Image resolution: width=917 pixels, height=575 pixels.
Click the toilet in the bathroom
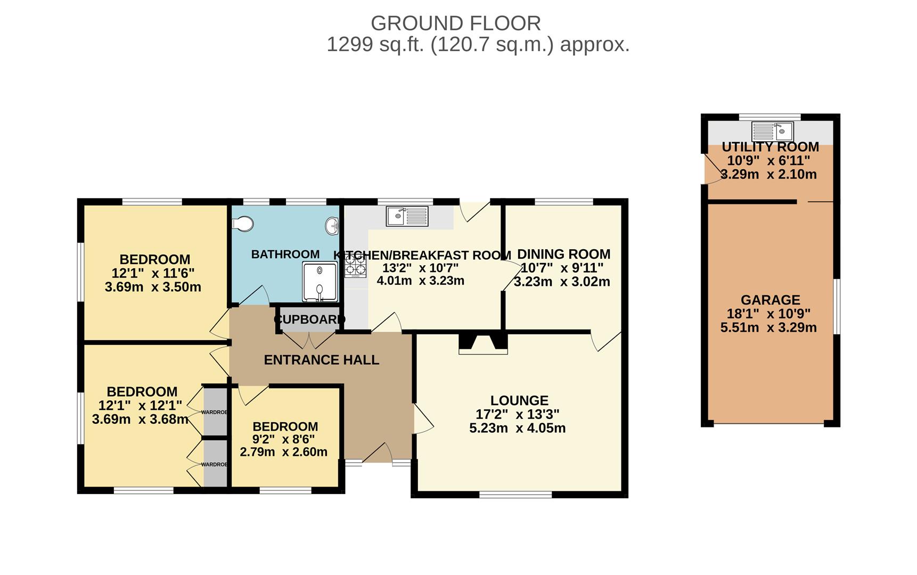(x=243, y=224)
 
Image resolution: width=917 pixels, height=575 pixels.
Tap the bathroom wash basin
(x=332, y=226)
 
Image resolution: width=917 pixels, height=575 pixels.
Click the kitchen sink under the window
(x=407, y=216)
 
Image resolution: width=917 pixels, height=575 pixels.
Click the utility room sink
(x=772, y=130)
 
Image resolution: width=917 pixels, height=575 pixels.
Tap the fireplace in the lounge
(x=483, y=343)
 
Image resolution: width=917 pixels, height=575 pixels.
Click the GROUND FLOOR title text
(x=456, y=23)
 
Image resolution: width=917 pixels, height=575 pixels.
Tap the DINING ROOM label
(x=564, y=254)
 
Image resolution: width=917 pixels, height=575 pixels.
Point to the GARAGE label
(x=771, y=300)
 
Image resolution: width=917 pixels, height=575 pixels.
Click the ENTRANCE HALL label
(x=322, y=360)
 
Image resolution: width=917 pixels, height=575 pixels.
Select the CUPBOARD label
(x=309, y=319)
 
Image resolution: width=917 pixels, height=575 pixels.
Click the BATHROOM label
(x=285, y=254)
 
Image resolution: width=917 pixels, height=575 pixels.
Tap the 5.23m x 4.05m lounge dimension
(x=518, y=428)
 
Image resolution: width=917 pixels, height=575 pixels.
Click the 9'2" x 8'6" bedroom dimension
(x=283, y=439)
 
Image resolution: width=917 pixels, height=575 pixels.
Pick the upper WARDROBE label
(x=214, y=412)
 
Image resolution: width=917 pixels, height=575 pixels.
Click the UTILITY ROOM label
(x=771, y=147)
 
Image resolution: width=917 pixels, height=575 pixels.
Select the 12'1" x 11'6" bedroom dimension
(x=153, y=273)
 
